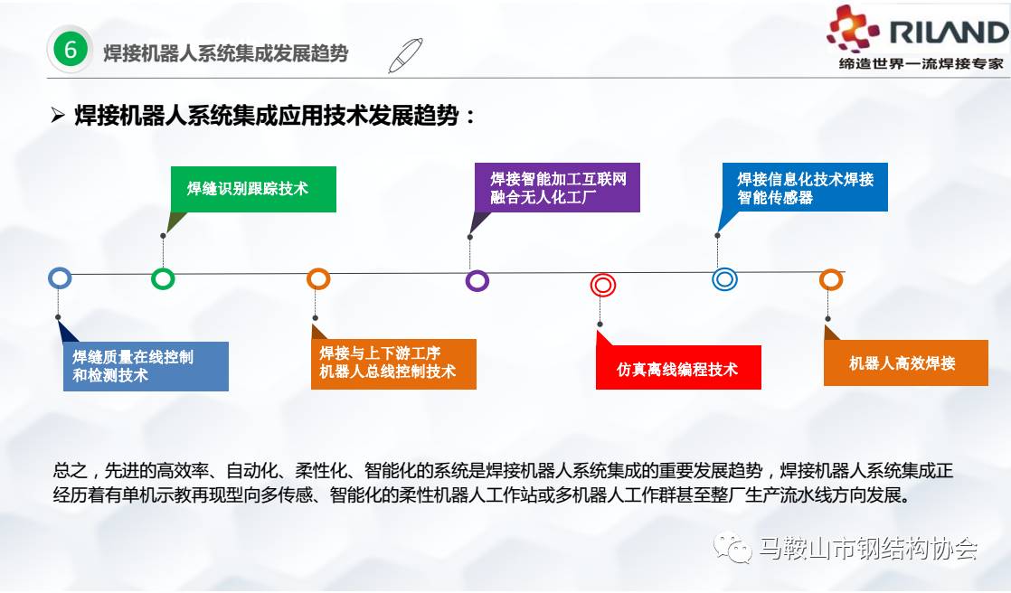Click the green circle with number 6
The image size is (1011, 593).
click(71, 49)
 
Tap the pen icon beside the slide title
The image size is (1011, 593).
click(405, 55)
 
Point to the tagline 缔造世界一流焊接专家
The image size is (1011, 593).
click(921, 63)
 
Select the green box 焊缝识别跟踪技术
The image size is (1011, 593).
click(253, 189)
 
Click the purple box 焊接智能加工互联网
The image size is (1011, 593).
click(557, 187)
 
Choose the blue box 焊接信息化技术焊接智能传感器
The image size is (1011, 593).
click(805, 187)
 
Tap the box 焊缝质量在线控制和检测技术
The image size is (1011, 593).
click(146, 366)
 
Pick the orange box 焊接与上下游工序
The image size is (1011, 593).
click(393, 364)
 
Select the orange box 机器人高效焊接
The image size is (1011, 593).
click(906, 362)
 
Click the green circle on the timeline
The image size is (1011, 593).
click(163, 279)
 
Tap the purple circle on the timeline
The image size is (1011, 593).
click(477, 280)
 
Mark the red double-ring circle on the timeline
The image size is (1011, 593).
click(603, 285)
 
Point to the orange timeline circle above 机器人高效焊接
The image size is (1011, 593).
click(831, 279)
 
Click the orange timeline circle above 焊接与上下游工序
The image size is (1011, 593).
click(318, 279)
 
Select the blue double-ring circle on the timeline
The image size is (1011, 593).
click(724, 279)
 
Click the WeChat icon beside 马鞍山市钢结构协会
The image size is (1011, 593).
click(732, 547)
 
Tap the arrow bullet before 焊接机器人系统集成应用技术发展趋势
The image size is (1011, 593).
click(58, 116)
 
